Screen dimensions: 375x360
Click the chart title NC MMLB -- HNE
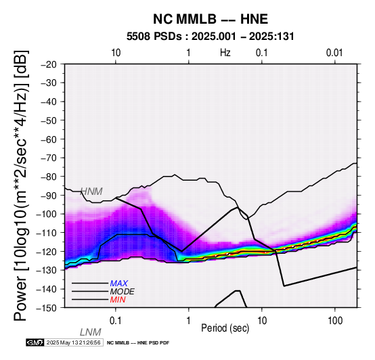pyautogui.click(x=211, y=19)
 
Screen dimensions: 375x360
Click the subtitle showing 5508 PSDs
pyautogui.click(x=211, y=37)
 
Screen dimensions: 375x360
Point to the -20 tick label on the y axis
pyautogui.click(x=49, y=64)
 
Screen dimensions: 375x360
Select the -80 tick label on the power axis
pyautogui.click(x=49, y=177)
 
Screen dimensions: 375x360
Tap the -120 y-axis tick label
pyautogui.click(x=47, y=251)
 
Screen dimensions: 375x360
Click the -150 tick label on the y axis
pyautogui.click(x=47, y=307)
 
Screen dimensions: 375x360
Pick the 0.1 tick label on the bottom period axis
pyautogui.click(x=116, y=321)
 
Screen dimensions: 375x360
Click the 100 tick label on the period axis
pyautogui.click(x=335, y=321)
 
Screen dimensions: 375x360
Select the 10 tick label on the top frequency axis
pyautogui.click(x=116, y=53)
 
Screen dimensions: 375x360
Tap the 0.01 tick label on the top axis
pyautogui.click(x=334, y=53)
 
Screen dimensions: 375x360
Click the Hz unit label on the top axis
pyautogui.click(x=225, y=53)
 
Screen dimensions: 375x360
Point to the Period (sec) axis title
pyautogui.click(x=225, y=328)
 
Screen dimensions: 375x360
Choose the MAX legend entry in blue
pyautogui.click(x=119, y=284)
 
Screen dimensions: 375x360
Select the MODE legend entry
pyautogui.click(x=123, y=292)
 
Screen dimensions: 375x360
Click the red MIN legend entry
pyautogui.click(x=118, y=300)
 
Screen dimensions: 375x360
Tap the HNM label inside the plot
pyautogui.click(x=91, y=192)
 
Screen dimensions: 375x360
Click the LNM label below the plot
pyautogui.click(x=91, y=332)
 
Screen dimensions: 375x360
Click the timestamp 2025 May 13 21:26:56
pyautogui.click(x=73, y=343)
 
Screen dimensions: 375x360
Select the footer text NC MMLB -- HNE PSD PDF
pyautogui.click(x=138, y=343)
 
